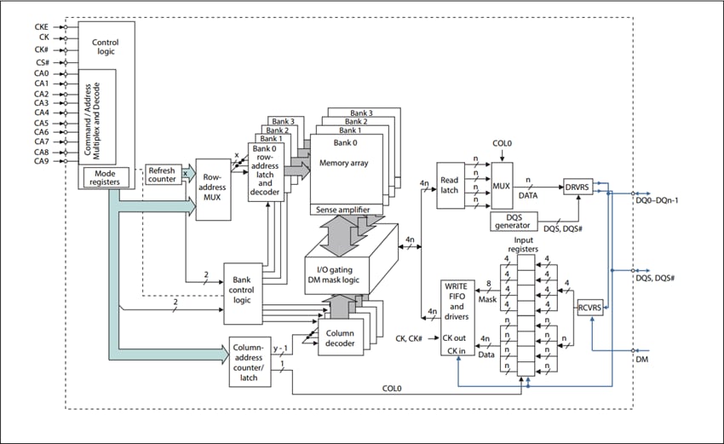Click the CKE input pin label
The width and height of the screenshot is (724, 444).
[42, 26]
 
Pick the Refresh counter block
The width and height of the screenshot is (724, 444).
[162, 173]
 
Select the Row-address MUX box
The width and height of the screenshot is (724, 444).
[213, 189]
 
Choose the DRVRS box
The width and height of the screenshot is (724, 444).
[577, 186]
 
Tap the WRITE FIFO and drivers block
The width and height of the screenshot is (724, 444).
[457, 314]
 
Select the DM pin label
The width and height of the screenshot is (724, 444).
[642, 360]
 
